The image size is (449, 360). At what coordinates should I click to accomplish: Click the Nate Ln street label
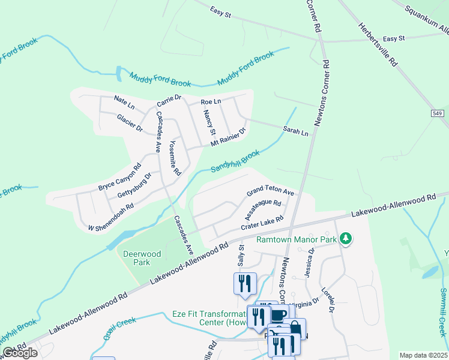pyautogui.click(x=124, y=102)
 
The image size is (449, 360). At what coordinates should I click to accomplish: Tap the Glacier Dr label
pyautogui.click(x=130, y=122)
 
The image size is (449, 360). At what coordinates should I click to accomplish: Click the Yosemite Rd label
pyautogui.click(x=174, y=158)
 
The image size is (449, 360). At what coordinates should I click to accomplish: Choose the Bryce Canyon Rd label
pyautogui.click(x=120, y=177)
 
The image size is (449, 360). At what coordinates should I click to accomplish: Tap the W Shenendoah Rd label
pyautogui.click(x=110, y=217)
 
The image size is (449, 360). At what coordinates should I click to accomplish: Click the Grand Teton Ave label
pyautogui.click(x=270, y=191)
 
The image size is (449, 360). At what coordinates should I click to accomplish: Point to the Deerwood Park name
pyautogui.click(x=142, y=258)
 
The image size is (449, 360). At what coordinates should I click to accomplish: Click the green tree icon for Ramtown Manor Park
pyautogui.click(x=345, y=239)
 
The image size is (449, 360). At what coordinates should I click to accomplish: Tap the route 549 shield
pyautogui.click(x=438, y=113)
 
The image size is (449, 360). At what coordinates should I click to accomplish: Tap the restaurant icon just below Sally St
pyautogui.click(x=245, y=283)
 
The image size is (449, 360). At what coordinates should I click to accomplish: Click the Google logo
pyautogui.click(x=20, y=352)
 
